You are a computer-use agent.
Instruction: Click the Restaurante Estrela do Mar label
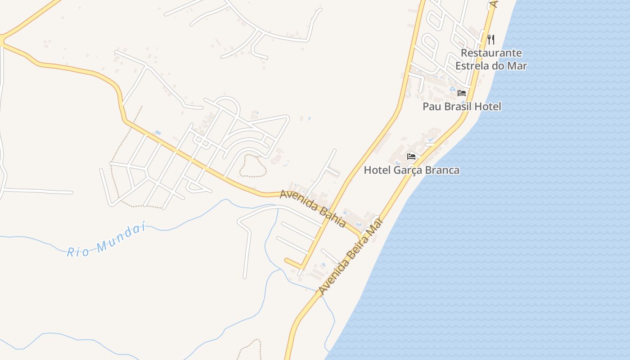pyautogui.click(x=491, y=59)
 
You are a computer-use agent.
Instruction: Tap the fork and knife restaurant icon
pyautogui.click(x=491, y=40)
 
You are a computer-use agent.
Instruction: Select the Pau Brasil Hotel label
pyautogui.click(x=462, y=107)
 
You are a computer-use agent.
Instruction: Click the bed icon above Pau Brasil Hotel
pyautogui.click(x=462, y=93)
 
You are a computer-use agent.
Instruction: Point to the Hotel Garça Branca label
pyautogui.click(x=411, y=170)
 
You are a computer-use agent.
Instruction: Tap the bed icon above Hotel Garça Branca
pyautogui.click(x=411, y=157)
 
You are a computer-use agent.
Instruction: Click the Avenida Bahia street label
pyautogui.click(x=313, y=208)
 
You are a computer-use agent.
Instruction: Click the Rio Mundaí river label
pyautogui.click(x=107, y=241)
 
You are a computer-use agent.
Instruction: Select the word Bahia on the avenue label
pyautogui.click(x=333, y=217)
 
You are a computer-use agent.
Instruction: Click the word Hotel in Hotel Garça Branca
pyautogui.click(x=376, y=170)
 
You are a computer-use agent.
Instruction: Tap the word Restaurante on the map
pyautogui.click(x=491, y=53)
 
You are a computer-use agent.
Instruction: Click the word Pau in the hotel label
pyautogui.click(x=432, y=107)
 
